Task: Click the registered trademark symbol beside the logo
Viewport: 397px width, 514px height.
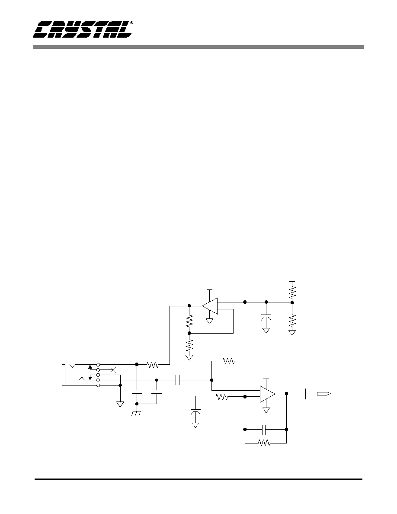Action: pos(131,23)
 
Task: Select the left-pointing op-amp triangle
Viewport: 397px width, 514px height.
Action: pos(210,306)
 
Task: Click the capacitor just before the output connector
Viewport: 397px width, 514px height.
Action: pos(304,394)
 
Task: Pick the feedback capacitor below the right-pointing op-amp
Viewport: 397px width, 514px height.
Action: pos(266,429)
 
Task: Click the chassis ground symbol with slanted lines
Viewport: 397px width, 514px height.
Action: pos(136,413)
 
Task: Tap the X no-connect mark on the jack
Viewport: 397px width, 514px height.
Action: pos(113,370)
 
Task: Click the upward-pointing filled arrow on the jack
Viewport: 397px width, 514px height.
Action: pos(90,366)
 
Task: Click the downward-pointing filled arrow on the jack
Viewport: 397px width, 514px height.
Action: pos(90,378)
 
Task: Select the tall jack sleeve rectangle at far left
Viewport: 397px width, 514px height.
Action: pos(64,375)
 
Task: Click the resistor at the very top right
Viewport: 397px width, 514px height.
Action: pos(292,292)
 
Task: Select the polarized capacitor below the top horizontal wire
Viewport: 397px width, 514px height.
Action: pos(266,318)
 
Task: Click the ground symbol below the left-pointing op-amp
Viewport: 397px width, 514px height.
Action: pos(210,321)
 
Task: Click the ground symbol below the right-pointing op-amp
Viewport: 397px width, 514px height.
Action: pos(267,410)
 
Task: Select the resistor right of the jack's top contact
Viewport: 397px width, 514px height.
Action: pos(153,364)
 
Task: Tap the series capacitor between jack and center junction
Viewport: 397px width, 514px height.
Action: pos(178,380)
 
